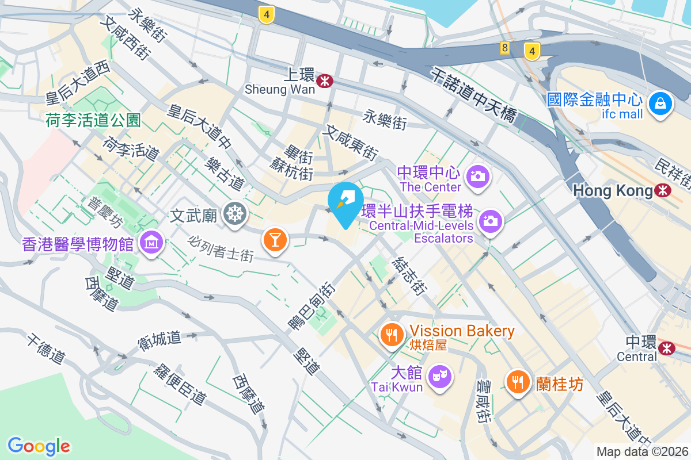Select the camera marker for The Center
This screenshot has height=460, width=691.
[477, 175]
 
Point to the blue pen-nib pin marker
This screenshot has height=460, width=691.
[345, 202]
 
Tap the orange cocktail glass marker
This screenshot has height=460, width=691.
[275, 239]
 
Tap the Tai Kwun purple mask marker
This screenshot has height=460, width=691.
[441, 377]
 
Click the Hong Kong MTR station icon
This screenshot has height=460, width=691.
[663, 190]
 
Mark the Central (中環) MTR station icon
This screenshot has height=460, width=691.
[667, 347]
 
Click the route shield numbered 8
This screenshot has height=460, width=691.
[505, 48]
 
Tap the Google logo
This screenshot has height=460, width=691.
[39, 446]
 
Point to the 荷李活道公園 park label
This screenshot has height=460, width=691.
[93, 120]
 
